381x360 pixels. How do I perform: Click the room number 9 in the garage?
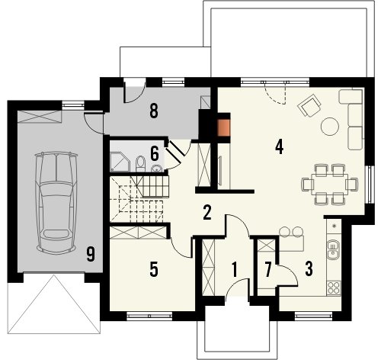91,255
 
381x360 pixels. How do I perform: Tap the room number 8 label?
154,111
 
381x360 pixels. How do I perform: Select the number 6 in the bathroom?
155,153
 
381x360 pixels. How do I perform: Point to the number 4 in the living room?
280,147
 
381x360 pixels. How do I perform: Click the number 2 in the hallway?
207,212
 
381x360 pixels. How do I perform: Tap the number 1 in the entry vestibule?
235,270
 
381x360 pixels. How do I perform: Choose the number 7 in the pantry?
268,270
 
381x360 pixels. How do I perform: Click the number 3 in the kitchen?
309,269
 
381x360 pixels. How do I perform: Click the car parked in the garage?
56,202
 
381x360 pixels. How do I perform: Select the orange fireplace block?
224,127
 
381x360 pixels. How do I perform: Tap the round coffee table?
330,126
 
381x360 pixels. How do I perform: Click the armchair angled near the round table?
310,105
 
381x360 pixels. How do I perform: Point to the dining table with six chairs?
330,185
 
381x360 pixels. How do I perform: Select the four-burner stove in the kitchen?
334,288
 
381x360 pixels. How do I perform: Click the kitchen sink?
332,249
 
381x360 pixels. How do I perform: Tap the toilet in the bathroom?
140,163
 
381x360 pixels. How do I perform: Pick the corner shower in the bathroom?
120,162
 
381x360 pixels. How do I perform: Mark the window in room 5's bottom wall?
149,316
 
